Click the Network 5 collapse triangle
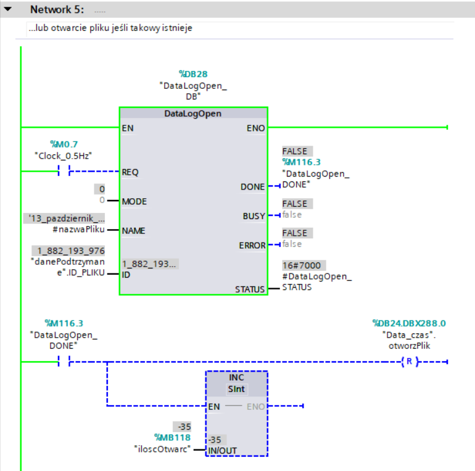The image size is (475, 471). (8, 10)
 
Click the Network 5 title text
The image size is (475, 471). (57, 10)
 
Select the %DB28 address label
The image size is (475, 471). (193, 75)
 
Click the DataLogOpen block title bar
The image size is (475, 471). (193, 114)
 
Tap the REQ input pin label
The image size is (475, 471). (130, 172)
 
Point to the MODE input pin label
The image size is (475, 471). (134, 201)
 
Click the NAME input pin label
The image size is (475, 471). (134, 230)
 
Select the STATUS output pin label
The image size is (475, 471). (249, 289)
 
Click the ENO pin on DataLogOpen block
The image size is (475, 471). (255, 128)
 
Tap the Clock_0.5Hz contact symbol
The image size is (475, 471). (64, 172)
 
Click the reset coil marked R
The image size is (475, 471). (407, 362)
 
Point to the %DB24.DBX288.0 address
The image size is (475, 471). (408, 323)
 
